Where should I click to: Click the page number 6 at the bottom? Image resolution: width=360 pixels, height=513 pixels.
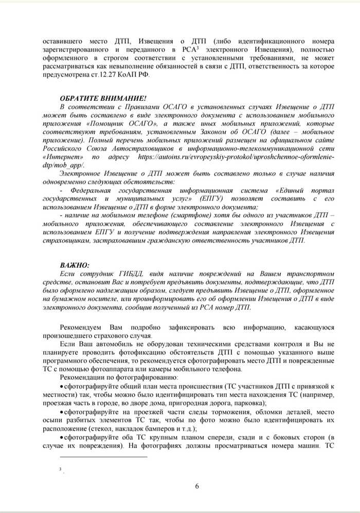(197, 487)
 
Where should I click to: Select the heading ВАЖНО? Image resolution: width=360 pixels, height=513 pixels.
(75, 265)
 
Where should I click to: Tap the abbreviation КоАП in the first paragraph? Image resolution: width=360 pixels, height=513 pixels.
(125, 74)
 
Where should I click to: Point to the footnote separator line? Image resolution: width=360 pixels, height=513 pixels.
(103, 456)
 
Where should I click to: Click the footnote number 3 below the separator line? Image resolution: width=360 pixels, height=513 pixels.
(60, 469)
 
